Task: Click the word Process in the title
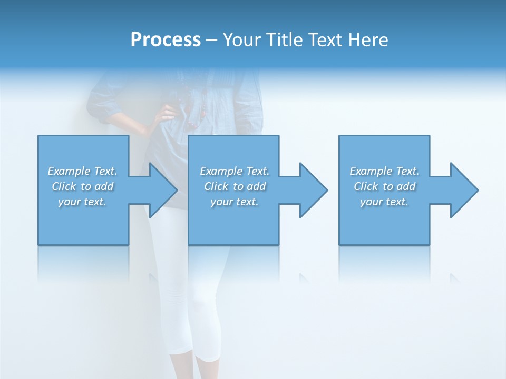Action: pyautogui.click(x=166, y=40)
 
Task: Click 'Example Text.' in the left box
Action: pyautogui.click(x=82, y=171)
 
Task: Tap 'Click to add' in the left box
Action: pyautogui.click(x=82, y=186)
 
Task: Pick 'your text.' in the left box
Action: pyautogui.click(x=82, y=202)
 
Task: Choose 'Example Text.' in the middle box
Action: pyautogui.click(x=234, y=171)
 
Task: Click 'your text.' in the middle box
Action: pyautogui.click(x=234, y=202)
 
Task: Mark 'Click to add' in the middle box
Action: pyautogui.click(x=234, y=186)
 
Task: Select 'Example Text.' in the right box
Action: pyautogui.click(x=384, y=171)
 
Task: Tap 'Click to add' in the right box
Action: pyautogui.click(x=384, y=186)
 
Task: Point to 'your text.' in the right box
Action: pyautogui.click(x=384, y=202)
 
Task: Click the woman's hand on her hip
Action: pyautogui.click(x=168, y=113)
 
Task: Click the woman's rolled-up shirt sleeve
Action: pyautogui.click(x=103, y=105)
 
